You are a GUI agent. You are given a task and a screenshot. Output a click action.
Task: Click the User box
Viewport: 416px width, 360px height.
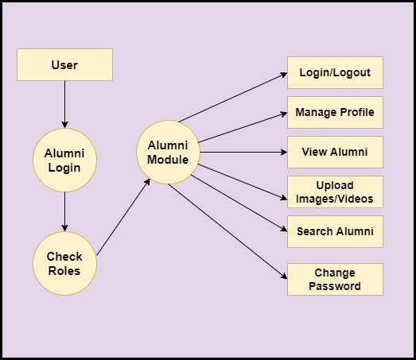pyautogui.click(x=64, y=64)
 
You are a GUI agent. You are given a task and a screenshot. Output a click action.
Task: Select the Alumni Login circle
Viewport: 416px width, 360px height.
pyautogui.click(x=64, y=160)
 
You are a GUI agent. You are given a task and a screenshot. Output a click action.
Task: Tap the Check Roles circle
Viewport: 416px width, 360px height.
pyautogui.click(x=64, y=263)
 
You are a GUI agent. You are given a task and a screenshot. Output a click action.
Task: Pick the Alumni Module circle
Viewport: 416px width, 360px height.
pyautogui.click(x=168, y=152)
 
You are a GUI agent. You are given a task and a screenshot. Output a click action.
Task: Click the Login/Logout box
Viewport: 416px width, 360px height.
pyautogui.click(x=335, y=72)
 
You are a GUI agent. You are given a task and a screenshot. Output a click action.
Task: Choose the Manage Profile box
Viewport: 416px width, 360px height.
pyautogui.click(x=335, y=112)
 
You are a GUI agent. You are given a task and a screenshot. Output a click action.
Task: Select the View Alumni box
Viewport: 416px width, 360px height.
pyautogui.click(x=335, y=152)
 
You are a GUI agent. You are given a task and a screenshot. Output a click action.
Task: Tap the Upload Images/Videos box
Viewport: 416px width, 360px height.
pyautogui.click(x=335, y=192)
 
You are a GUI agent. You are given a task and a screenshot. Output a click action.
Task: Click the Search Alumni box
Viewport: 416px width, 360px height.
pyautogui.click(x=335, y=232)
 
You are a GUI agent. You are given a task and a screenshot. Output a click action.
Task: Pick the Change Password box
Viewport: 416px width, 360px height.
pyautogui.click(x=335, y=279)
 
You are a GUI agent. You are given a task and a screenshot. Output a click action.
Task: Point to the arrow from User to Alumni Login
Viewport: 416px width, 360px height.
pyautogui.click(x=64, y=104)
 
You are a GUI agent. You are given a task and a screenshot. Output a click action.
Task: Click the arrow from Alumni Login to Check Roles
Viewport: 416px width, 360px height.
pyautogui.click(x=64, y=211)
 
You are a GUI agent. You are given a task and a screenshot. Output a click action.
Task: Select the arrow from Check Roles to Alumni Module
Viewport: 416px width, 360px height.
pyautogui.click(x=123, y=217)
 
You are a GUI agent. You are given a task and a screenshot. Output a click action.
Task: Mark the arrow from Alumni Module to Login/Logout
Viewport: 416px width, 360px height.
pyautogui.click(x=233, y=97)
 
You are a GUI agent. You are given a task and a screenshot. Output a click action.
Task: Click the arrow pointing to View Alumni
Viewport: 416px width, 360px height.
pyautogui.click(x=243, y=152)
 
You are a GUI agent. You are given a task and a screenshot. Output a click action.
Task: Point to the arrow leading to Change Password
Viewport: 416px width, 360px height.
pyautogui.click(x=227, y=231)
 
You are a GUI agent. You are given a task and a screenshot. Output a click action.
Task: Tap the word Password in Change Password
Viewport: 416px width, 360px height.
pyautogui.click(x=335, y=286)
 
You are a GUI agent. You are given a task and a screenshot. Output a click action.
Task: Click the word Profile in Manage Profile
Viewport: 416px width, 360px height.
pyautogui.click(x=357, y=112)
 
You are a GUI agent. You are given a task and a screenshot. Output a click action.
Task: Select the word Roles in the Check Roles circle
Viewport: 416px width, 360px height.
pyautogui.click(x=64, y=271)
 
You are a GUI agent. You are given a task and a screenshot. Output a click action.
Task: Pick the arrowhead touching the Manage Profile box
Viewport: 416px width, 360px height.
pyautogui.click(x=284, y=114)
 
